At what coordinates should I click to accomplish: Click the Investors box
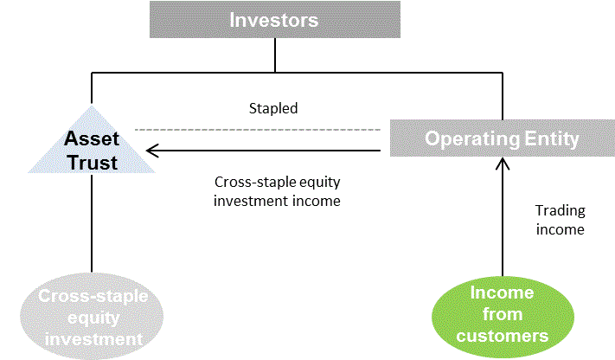(275, 19)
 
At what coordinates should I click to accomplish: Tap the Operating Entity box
(503, 138)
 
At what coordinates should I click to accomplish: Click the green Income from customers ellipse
(503, 317)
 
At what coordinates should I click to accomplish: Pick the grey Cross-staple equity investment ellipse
(92, 317)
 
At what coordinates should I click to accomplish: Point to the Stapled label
(273, 108)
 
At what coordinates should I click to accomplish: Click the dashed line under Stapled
(258, 130)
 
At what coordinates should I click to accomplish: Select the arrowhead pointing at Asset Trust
(152, 151)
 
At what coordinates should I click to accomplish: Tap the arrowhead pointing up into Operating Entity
(503, 164)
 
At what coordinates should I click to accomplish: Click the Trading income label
(561, 220)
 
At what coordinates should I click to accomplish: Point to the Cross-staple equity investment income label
(277, 191)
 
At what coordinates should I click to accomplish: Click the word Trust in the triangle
(93, 163)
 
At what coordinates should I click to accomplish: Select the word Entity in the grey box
(552, 138)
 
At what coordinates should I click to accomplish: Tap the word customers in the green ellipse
(503, 336)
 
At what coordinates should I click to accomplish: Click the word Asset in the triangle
(92, 138)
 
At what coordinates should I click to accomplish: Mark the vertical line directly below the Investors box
(275, 55)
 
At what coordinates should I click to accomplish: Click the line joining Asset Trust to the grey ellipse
(92, 223)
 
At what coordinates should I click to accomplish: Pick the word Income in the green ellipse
(502, 292)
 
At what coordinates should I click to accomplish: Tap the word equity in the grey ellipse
(93, 318)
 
